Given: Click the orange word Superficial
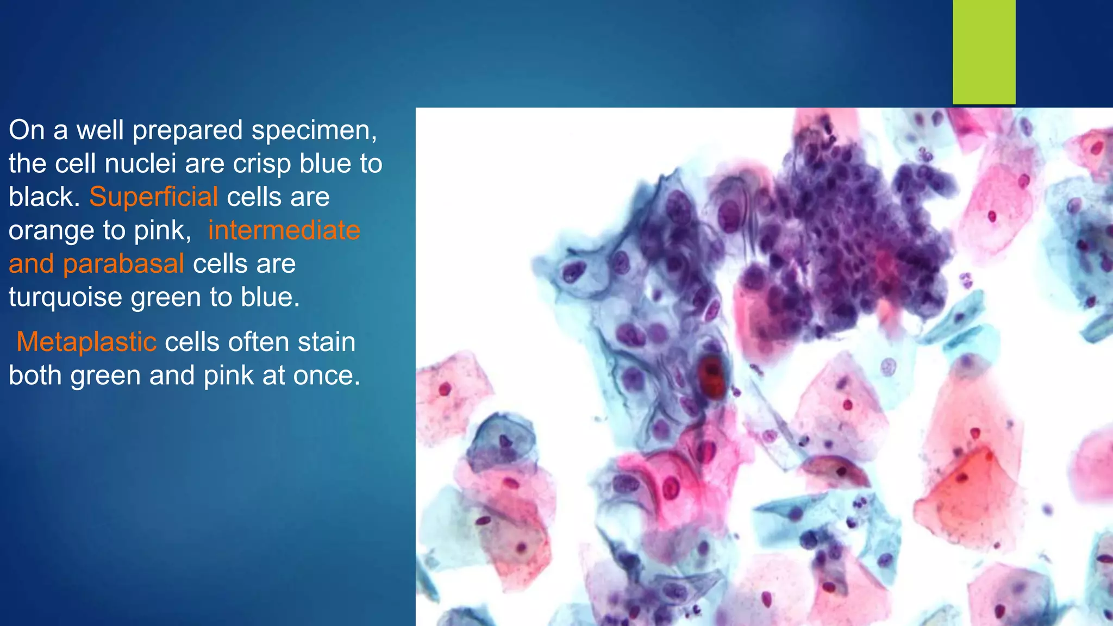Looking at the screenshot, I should pyautogui.click(x=153, y=197).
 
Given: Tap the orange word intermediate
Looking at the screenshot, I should pyautogui.click(x=284, y=231).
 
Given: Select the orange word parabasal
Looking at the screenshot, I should pyautogui.click(x=123, y=265).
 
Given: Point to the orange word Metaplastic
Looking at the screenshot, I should pyautogui.click(x=86, y=342).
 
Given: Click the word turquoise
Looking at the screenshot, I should pyautogui.click(x=65, y=298).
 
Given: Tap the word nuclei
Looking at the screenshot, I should pyautogui.click(x=140, y=164).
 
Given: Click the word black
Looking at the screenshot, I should pyautogui.click(x=42, y=197).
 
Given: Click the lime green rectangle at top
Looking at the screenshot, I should pyautogui.click(x=984, y=52).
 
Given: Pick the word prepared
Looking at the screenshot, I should pyautogui.click(x=187, y=131).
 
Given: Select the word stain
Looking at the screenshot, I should pyautogui.click(x=327, y=342).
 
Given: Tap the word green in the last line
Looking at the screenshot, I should pyautogui.click(x=105, y=376).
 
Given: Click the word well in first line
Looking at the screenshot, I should pyautogui.click(x=99, y=131).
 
